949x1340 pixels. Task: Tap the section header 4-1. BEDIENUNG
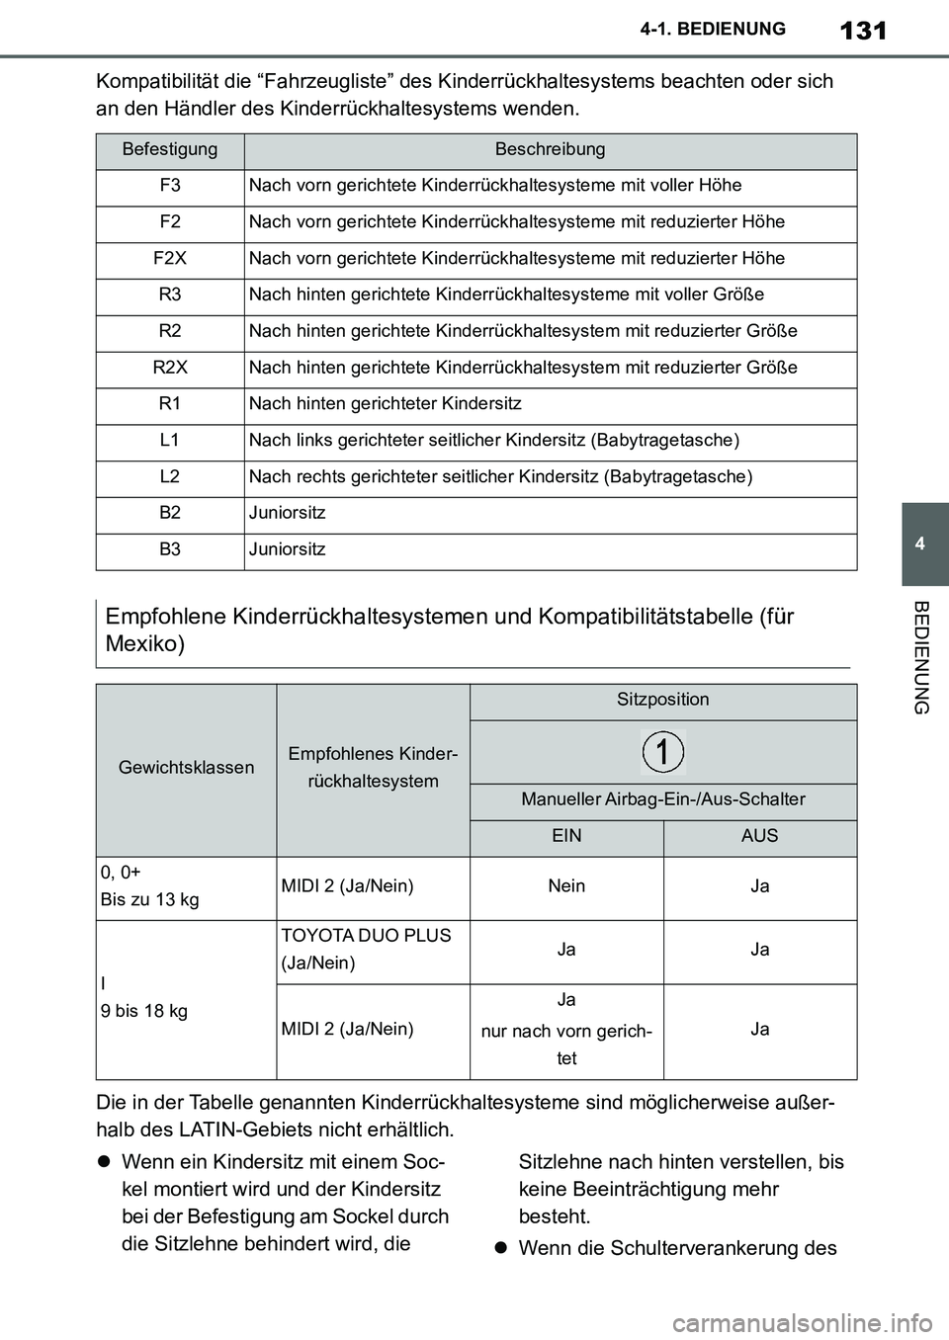pos(728,29)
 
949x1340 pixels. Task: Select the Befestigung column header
pos(170,150)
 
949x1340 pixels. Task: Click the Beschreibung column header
pos(550,150)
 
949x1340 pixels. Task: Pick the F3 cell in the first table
pos(170,186)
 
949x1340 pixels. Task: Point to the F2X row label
pos(170,259)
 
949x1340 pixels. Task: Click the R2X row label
pos(170,368)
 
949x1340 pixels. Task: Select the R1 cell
pos(170,404)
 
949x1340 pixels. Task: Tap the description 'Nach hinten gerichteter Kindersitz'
pos(386,404)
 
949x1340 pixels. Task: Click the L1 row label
pos(170,441)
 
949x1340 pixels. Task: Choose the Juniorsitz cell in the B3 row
pos(288,549)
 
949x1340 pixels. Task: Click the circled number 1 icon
pos(663,752)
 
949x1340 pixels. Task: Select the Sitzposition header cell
pos(663,700)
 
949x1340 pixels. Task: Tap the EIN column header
pos(566,836)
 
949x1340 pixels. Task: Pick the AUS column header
pos(759,836)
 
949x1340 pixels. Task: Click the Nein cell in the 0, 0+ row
pos(566,886)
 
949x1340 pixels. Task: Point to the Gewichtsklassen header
pos(187,768)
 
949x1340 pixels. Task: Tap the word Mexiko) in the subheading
pos(145,644)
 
